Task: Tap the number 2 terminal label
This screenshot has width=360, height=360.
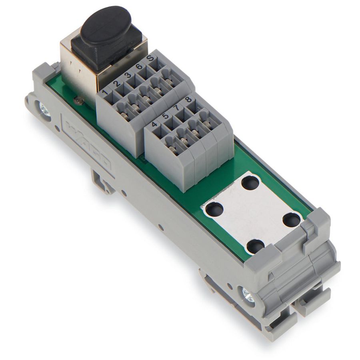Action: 117,84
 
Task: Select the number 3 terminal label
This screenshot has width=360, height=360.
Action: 128,76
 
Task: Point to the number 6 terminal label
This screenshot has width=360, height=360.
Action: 138,67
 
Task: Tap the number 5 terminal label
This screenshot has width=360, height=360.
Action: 165,116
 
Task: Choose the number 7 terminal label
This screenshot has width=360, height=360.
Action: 176,107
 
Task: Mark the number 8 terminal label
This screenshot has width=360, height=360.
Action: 188,99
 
